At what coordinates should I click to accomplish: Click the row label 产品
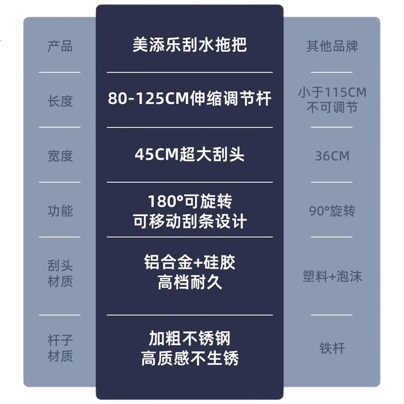(60, 46)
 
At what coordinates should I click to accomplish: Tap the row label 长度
(60, 101)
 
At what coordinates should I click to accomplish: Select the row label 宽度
(60, 156)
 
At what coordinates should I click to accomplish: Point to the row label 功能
(60, 211)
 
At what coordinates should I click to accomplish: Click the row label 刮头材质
(60, 273)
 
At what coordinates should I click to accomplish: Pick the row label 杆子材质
(60, 348)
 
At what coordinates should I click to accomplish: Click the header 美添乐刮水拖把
(190, 45)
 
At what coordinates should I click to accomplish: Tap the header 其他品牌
(332, 46)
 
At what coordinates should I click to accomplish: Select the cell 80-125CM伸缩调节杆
(190, 98)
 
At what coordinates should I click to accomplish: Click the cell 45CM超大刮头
(190, 155)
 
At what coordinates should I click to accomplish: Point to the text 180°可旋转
(190, 201)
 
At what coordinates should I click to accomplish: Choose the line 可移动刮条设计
(190, 221)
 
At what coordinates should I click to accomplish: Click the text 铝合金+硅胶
(190, 262)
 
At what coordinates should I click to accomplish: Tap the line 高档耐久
(190, 282)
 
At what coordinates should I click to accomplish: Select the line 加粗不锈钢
(190, 339)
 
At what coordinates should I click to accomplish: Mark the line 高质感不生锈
(190, 358)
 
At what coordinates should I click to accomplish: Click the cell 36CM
(332, 156)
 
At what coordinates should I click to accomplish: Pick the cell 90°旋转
(332, 211)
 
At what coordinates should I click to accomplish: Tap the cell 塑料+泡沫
(332, 276)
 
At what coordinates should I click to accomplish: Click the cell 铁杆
(332, 348)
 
